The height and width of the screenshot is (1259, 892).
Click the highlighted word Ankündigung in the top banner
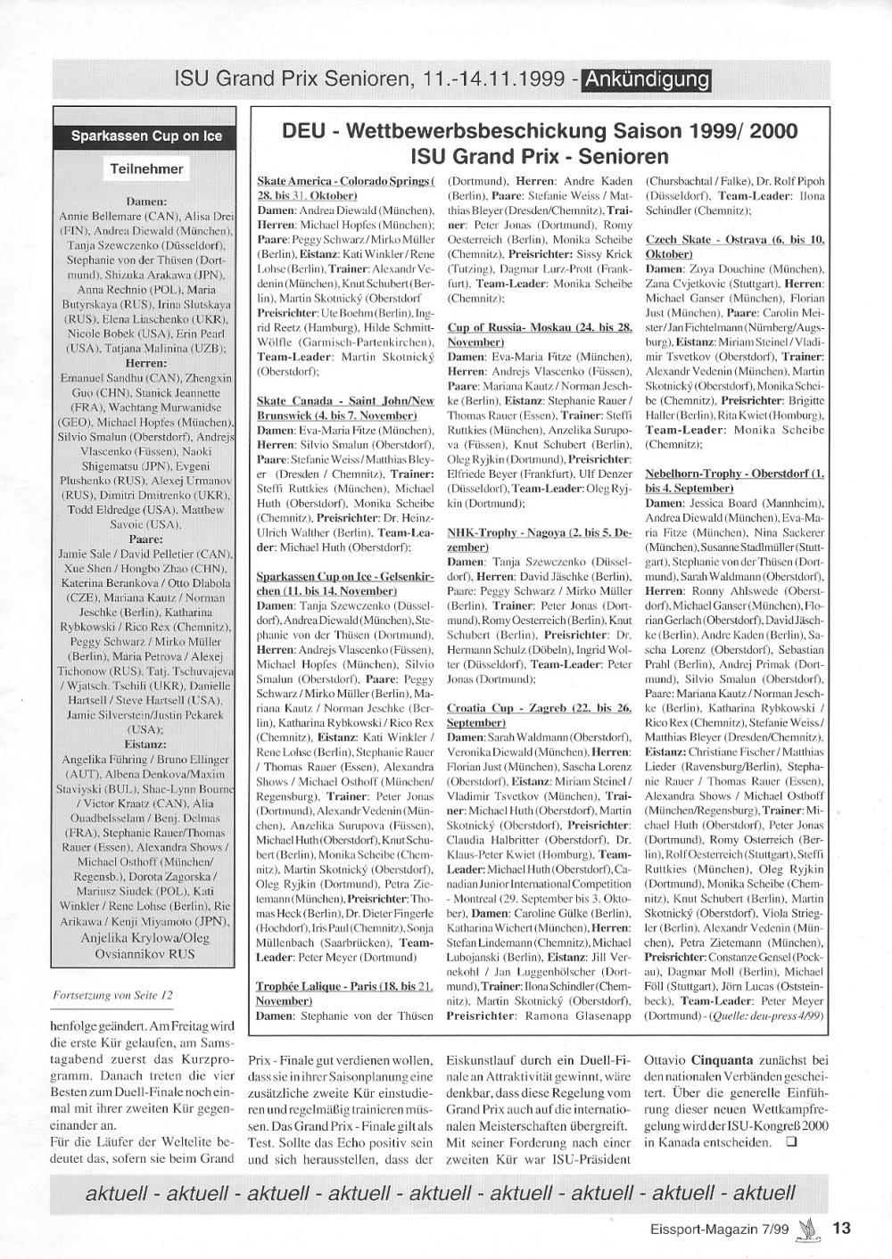(x=647, y=80)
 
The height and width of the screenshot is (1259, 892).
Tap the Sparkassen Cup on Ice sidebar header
(x=146, y=136)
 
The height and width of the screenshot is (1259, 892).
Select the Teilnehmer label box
(x=146, y=169)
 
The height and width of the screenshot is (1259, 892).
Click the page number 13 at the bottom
(x=841, y=1228)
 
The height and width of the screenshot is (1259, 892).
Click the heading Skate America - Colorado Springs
(x=344, y=188)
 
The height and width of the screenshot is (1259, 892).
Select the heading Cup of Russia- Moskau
(x=539, y=335)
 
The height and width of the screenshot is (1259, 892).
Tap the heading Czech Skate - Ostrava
(x=734, y=247)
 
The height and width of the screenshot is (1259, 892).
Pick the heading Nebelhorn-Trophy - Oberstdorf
(x=734, y=481)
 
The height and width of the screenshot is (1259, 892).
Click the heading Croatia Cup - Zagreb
(x=539, y=715)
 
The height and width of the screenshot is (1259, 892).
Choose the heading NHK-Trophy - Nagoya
(x=539, y=539)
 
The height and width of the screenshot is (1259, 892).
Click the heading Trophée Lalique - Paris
(x=344, y=993)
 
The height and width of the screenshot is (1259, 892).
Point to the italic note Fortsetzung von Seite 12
(x=114, y=993)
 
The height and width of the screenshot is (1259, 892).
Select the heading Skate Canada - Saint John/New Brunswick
(x=344, y=408)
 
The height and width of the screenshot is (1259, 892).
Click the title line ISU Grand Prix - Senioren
(x=539, y=157)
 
